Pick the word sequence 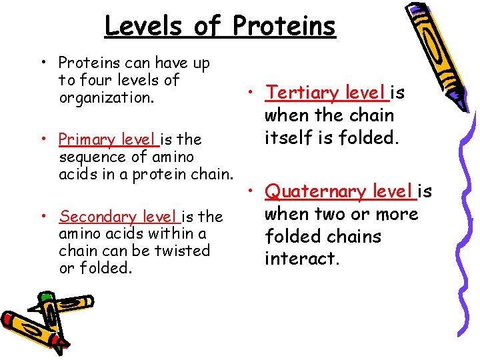(x=87, y=157)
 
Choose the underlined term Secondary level (x=119, y=217)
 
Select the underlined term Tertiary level (x=325, y=93)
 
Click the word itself (x=287, y=138)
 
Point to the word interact (x=302, y=258)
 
